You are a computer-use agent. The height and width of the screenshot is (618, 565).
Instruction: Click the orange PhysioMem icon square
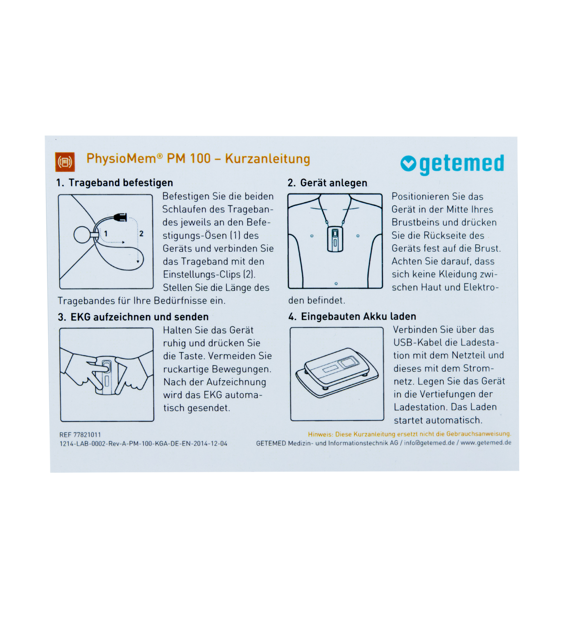(x=65, y=162)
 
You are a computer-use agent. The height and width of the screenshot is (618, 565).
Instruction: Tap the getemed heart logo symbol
(x=408, y=163)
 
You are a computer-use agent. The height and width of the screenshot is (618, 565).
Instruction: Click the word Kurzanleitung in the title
(x=267, y=159)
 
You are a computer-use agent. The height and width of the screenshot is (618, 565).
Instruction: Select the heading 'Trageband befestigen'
(x=121, y=183)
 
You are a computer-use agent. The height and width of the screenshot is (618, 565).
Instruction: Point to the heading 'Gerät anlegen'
(x=334, y=183)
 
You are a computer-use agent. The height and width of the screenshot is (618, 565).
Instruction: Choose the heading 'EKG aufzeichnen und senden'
(x=140, y=317)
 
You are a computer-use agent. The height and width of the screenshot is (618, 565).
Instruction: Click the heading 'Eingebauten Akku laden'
(x=359, y=316)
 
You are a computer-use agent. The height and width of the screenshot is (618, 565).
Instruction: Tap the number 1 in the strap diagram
(x=106, y=234)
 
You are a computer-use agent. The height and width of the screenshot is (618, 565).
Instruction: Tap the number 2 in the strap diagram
(x=142, y=234)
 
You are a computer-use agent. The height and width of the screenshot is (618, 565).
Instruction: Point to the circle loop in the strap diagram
(x=82, y=235)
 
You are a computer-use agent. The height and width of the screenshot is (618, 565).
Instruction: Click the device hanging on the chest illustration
(x=335, y=239)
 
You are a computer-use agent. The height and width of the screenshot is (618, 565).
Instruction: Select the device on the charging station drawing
(x=336, y=366)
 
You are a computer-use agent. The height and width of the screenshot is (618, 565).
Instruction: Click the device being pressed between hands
(x=106, y=375)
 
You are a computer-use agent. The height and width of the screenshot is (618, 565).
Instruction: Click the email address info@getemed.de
(x=429, y=443)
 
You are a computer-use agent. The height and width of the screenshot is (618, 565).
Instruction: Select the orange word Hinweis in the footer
(x=320, y=434)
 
